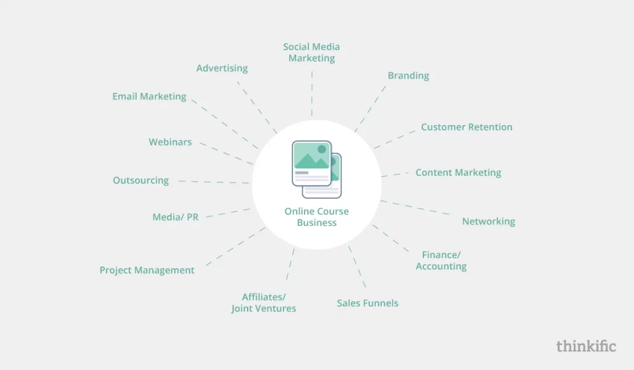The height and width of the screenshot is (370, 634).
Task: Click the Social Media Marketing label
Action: pyautogui.click(x=311, y=53)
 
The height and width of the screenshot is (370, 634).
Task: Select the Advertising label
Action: pyautogui.click(x=222, y=68)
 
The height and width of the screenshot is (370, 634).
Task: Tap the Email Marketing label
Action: pyautogui.click(x=149, y=97)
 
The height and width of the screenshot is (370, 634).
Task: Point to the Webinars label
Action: pyautogui.click(x=170, y=142)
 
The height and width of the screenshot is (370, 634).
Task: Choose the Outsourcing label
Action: pyautogui.click(x=141, y=181)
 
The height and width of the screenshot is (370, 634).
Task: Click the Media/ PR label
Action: pyautogui.click(x=175, y=217)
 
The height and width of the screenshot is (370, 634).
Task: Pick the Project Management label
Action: pyautogui.click(x=147, y=270)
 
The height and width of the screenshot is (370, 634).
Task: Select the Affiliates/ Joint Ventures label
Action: pyautogui.click(x=264, y=303)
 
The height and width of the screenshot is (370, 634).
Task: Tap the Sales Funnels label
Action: pyautogui.click(x=368, y=303)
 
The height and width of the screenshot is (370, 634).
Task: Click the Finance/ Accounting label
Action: pyautogui.click(x=441, y=260)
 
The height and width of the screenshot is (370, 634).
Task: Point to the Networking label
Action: pyautogui.click(x=489, y=222)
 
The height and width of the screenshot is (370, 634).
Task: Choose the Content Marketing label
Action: pyautogui.click(x=458, y=173)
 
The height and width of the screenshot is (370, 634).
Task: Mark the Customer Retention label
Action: pyautogui.click(x=467, y=127)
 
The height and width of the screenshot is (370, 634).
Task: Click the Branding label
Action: pyautogui.click(x=409, y=75)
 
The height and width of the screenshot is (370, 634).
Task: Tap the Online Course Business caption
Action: pyautogui.click(x=316, y=217)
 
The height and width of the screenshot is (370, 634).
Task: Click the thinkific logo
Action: pyautogui.click(x=586, y=346)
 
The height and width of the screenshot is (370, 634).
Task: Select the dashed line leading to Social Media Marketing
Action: pyautogui.click(x=312, y=93)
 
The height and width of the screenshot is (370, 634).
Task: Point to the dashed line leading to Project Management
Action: pyautogui.click(x=235, y=246)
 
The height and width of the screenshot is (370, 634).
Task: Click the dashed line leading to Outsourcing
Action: pyautogui.click(x=214, y=182)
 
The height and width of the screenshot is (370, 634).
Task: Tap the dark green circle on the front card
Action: pyautogui.click(x=322, y=150)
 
